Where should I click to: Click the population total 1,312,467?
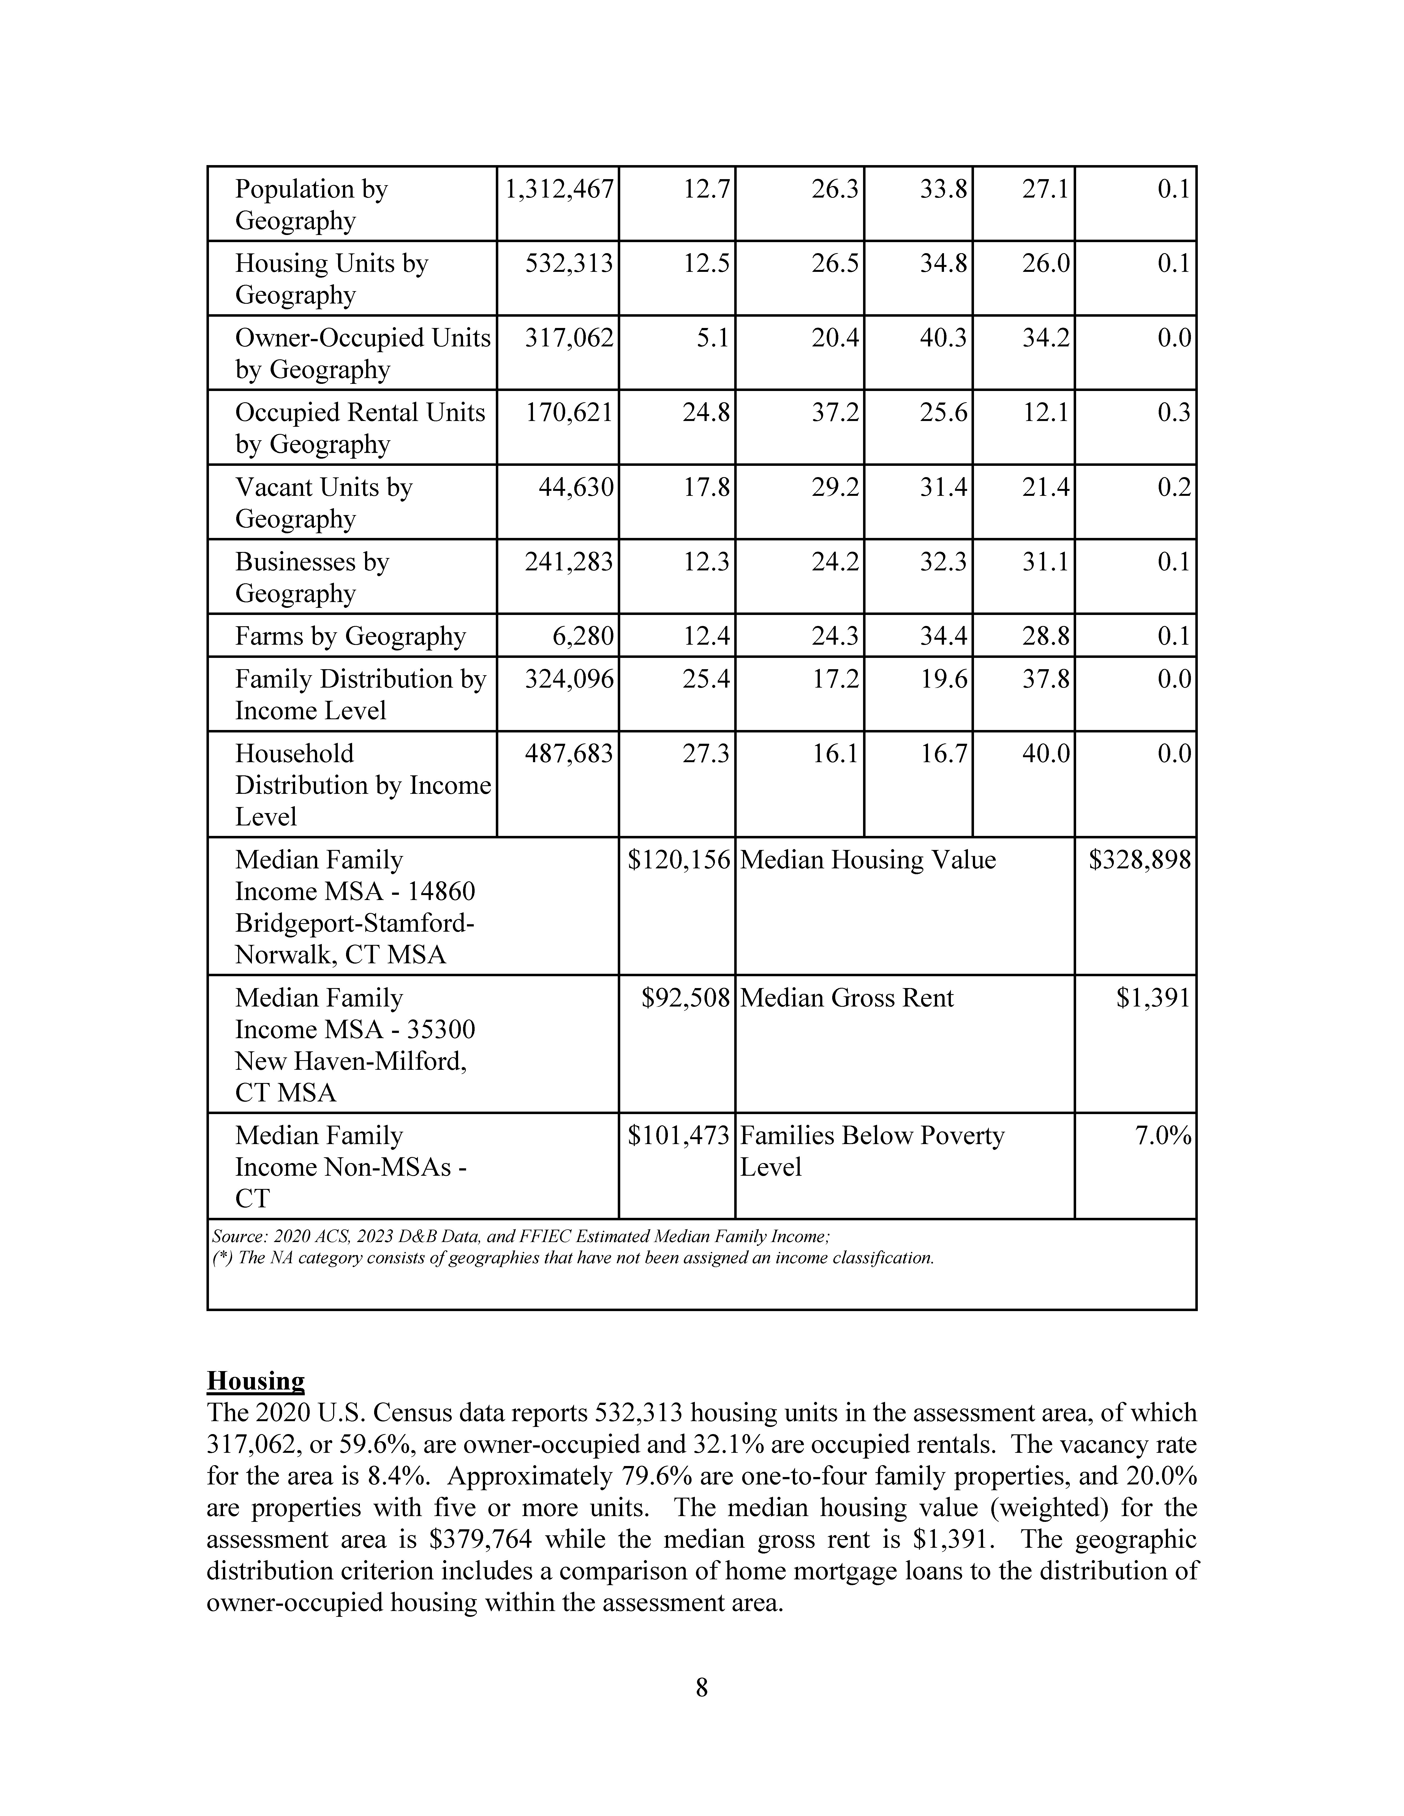pyautogui.click(x=559, y=190)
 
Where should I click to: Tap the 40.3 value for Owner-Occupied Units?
pyautogui.click(x=943, y=338)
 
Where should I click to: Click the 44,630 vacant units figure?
pyautogui.click(x=576, y=487)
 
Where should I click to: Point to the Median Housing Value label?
pyautogui.click(x=867, y=860)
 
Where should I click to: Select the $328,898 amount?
pyautogui.click(x=1139, y=860)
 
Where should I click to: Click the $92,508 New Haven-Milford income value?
pyautogui.click(x=685, y=998)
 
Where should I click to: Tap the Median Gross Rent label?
pyautogui.click(x=847, y=998)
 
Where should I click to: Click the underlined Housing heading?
pyautogui.click(x=255, y=1381)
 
